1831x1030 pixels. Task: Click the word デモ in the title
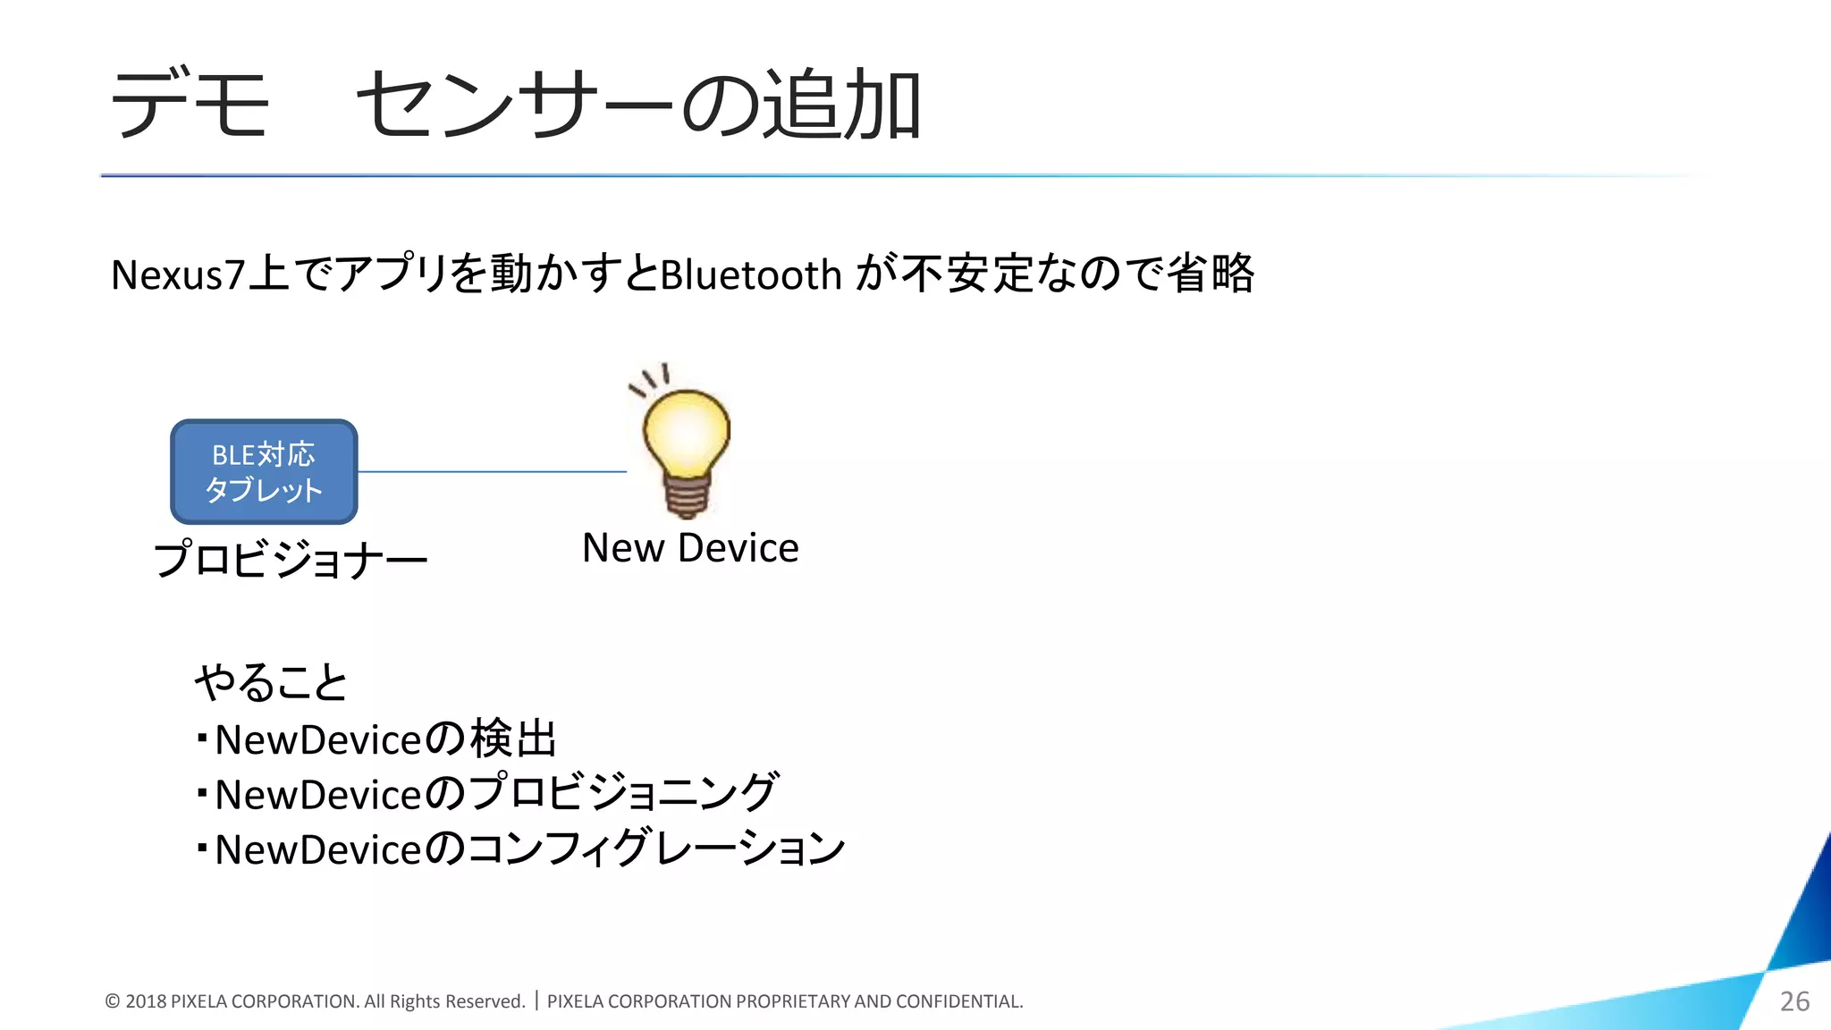pos(190,105)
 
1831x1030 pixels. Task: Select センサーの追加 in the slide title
pos(638,105)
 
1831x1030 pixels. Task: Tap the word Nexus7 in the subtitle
pos(178,274)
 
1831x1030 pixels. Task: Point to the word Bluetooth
pos(751,274)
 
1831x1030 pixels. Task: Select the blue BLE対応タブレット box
pos(264,472)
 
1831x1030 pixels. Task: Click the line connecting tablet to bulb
pos(492,471)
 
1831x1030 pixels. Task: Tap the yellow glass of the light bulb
pos(686,433)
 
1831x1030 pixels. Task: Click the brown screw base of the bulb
pos(687,496)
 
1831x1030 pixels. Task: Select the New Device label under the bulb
pos(690,548)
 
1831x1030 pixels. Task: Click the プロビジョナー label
pos(291,560)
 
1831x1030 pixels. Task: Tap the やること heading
pos(271,683)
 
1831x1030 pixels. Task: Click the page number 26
pos(1794,1001)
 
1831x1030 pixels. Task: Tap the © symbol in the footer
pos(113,1001)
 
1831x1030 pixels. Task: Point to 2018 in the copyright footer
pos(146,1001)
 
